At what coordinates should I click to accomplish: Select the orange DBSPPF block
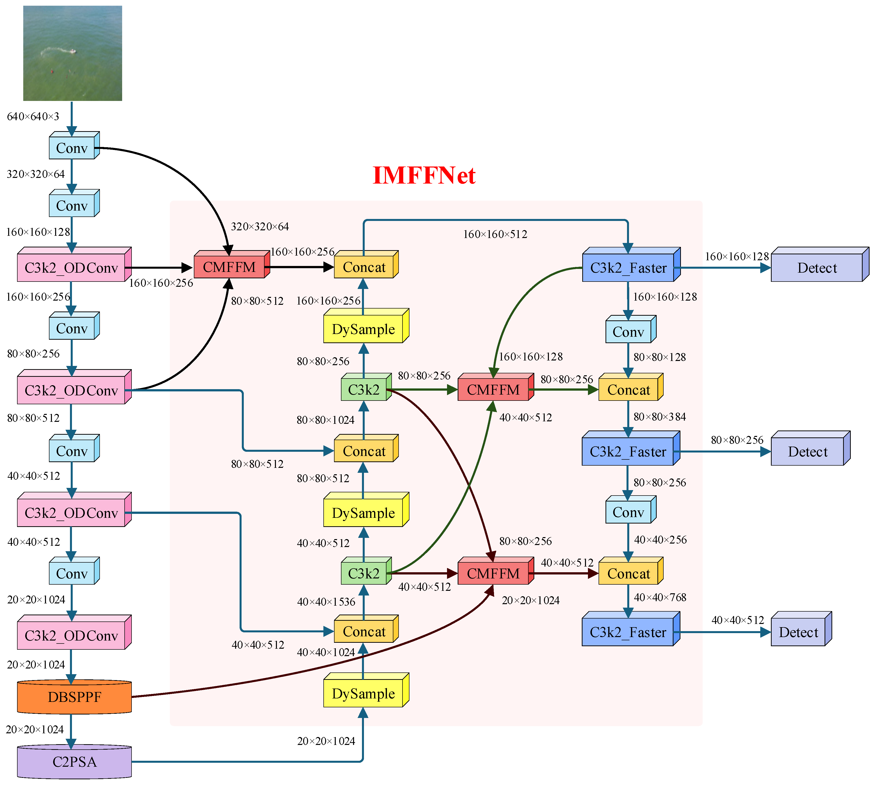tap(74, 697)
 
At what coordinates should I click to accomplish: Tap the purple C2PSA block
tap(74, 762)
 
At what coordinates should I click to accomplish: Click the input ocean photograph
tap(72, 53)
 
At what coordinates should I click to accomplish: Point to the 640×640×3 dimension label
tap(33, 117)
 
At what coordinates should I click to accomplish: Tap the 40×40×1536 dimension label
tap(326, 602)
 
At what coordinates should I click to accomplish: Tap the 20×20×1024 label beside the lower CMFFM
tap(531, 600)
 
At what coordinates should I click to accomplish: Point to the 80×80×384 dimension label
tap(660, 417)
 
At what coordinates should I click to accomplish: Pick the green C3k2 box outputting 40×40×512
tap(363, 573)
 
